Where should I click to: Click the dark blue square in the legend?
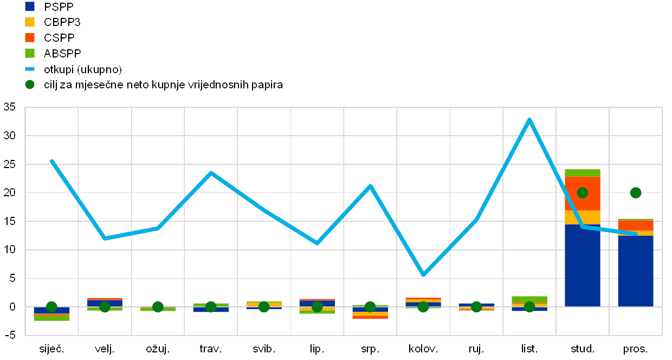coord(30,7)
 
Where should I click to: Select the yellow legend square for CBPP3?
coord(30,22)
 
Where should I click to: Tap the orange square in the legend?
coord(30,37)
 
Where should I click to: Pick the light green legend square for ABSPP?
coord(30,53)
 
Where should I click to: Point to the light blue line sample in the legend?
coord(30,69)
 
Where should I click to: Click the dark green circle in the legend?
coord(30,85)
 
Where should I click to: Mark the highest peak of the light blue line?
coord(529,119)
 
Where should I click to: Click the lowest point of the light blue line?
coord(423,275)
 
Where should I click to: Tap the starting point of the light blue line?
coord(51,160)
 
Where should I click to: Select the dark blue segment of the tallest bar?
coord(583,266)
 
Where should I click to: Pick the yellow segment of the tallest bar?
coord(583,217)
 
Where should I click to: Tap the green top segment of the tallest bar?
coord(583,173)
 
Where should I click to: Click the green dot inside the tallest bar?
coord(583,192)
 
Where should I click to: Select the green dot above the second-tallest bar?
coord(636,192)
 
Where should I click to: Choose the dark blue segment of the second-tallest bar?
coord(636,271)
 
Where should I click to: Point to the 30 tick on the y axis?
coord(10,136)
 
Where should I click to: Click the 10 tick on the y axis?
coord(10,250)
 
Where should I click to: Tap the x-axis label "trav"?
coord(211,349)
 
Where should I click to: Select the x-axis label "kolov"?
coord(423,349)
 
